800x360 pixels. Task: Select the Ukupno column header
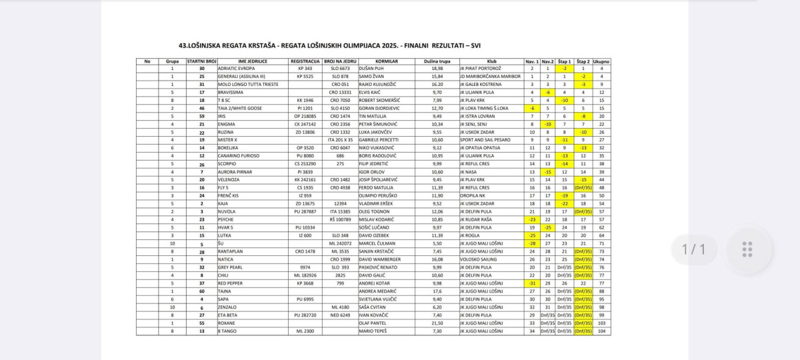tap(601, 61)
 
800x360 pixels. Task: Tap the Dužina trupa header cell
tap(437, 61)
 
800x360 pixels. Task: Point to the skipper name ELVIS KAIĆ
tap(372, 92)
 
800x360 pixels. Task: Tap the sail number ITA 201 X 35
tap(340, 140)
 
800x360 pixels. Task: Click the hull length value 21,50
tap(437, 323)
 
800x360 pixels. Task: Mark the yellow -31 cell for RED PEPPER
tap(532, 283)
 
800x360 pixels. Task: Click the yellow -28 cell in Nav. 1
tap(532, 243)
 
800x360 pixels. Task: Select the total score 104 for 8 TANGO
tap(601, 331)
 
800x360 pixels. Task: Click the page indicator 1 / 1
tap(693, 249)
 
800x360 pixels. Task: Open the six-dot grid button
tap(747, 249)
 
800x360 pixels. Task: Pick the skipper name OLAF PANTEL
tap(373, 323)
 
